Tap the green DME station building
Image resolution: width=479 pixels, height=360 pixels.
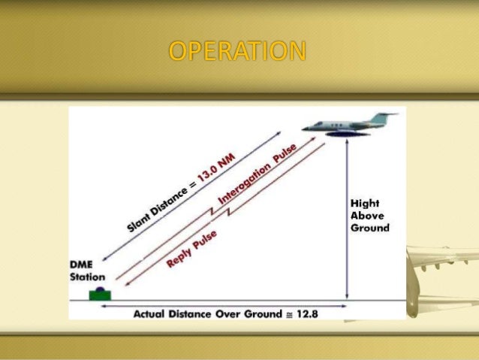click(98, 294)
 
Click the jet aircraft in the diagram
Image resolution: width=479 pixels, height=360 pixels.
click(348, 123)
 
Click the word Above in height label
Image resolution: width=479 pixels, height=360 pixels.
click(367, 215)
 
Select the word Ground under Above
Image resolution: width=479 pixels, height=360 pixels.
click(370, 227)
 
